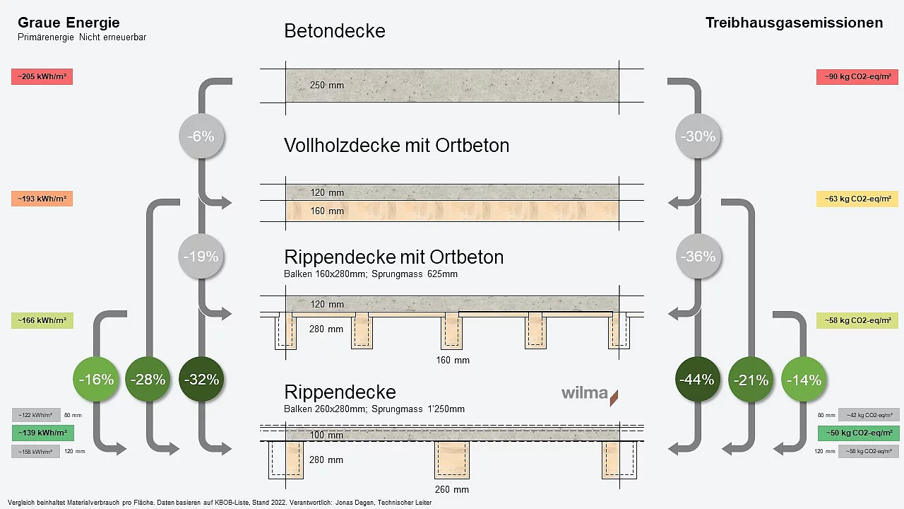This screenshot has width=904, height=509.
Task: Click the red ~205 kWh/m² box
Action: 42,77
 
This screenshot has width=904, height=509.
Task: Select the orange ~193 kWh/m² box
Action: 42,199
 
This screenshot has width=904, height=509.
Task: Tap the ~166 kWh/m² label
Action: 42,321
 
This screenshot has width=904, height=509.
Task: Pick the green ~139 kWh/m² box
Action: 42,433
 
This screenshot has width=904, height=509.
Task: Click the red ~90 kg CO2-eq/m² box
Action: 857,77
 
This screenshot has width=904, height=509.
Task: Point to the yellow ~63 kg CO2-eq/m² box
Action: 857,199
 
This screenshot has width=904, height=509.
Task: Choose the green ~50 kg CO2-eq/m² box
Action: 858,433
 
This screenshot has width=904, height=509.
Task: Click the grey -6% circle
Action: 201,136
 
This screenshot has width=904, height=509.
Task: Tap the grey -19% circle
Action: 201,257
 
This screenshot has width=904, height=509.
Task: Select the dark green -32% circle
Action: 201,380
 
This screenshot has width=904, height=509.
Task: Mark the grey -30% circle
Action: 698,136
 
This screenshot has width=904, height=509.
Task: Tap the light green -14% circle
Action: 804,380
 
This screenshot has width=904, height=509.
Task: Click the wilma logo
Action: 589,394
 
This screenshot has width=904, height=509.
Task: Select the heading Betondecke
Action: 334,31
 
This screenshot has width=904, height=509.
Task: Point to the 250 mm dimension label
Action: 326,86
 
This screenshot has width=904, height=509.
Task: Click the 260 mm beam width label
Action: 452,489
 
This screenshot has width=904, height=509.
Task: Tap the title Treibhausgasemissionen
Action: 794,23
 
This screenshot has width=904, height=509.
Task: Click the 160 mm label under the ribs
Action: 452,360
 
